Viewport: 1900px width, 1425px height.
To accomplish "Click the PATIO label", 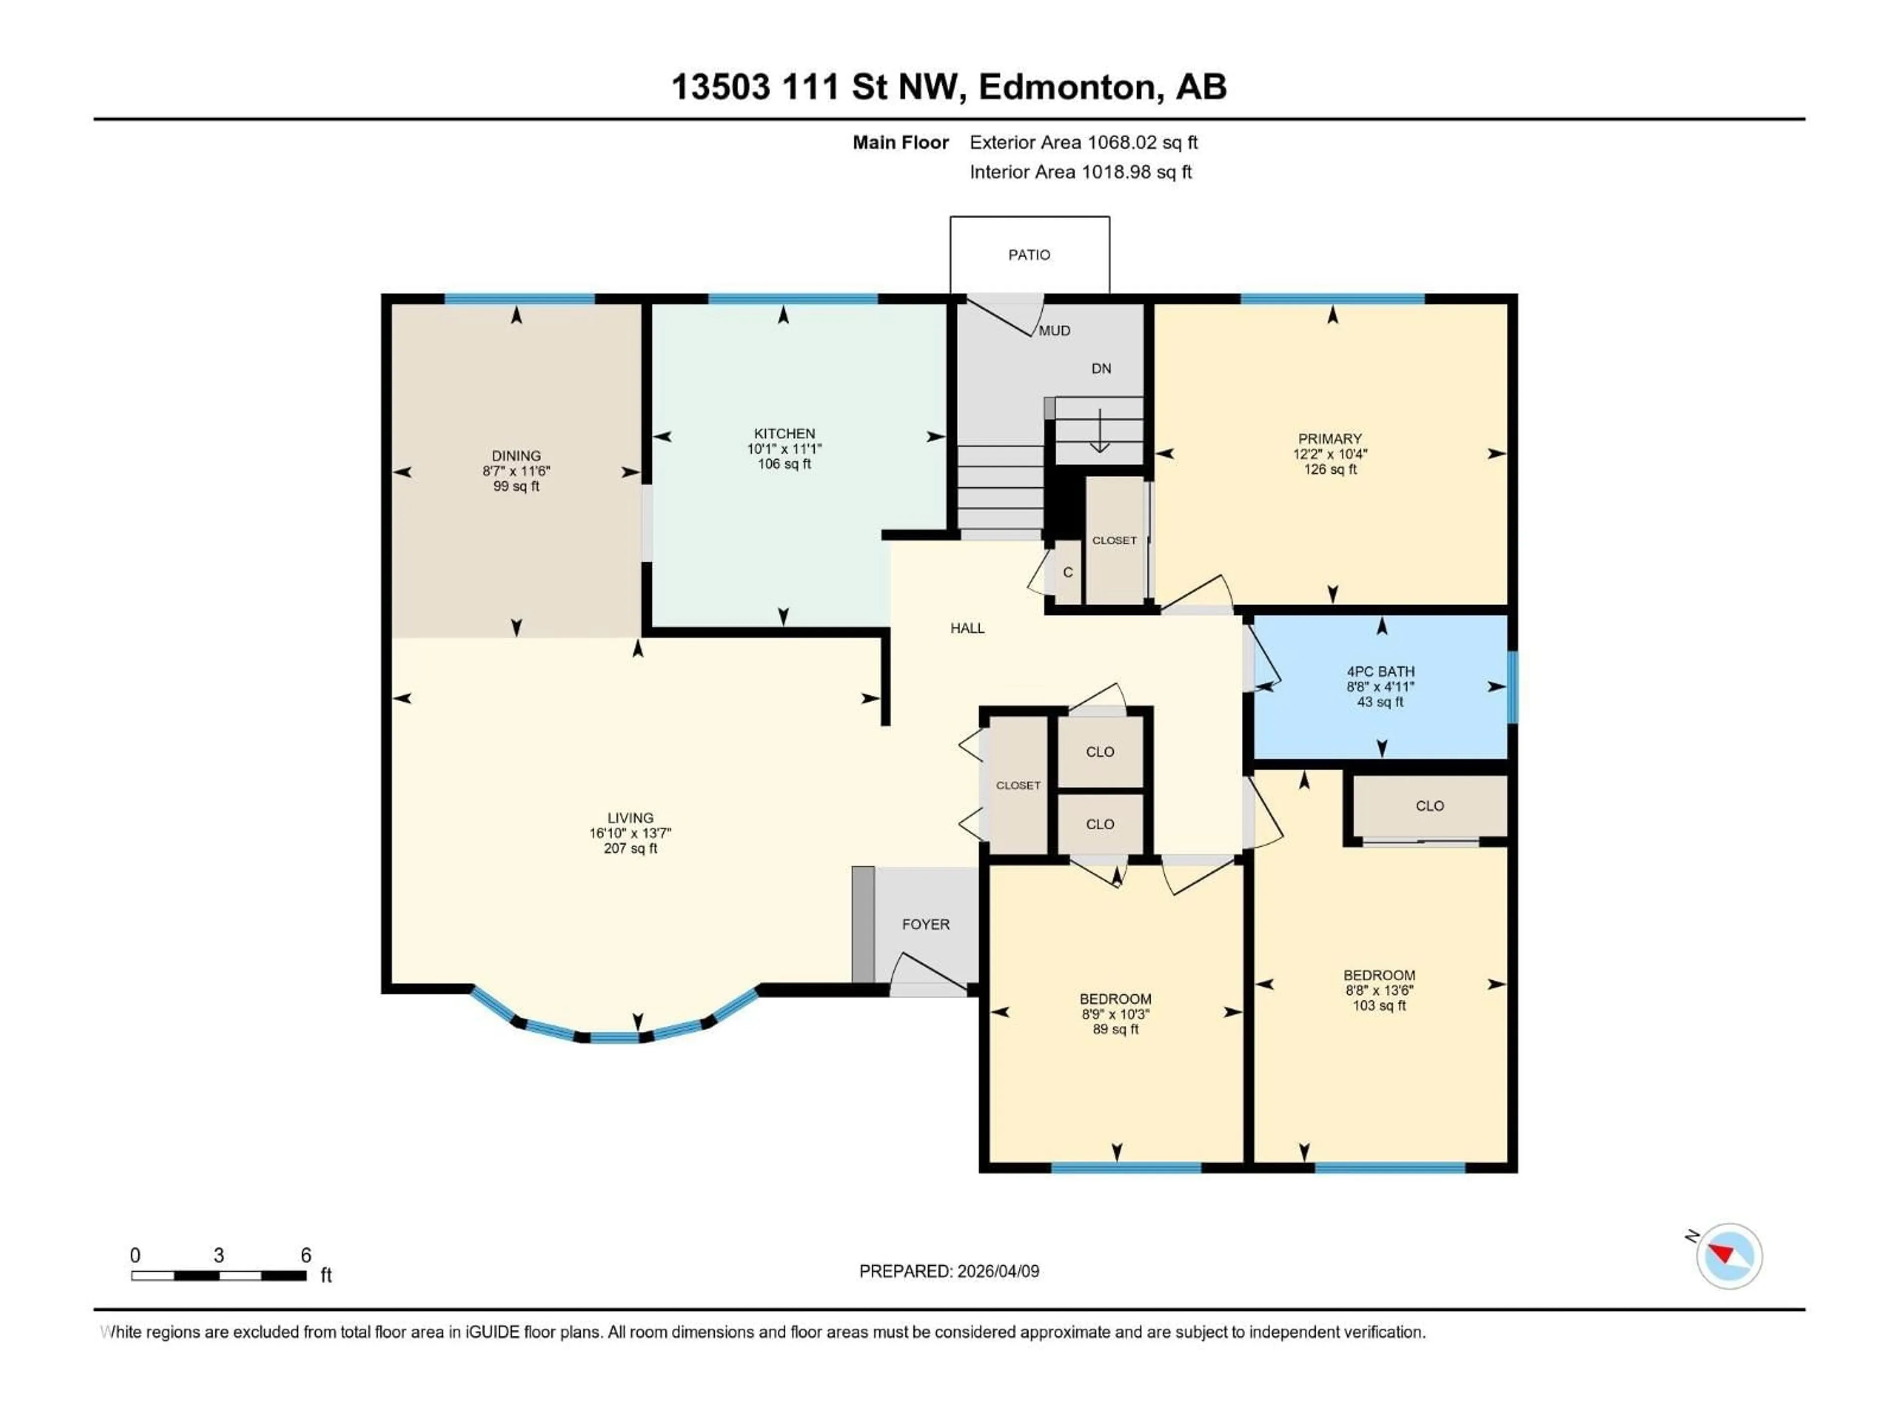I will [1029, 255].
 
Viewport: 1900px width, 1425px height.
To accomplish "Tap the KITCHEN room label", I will [784, 434].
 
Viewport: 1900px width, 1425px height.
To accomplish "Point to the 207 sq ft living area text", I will [630, 849].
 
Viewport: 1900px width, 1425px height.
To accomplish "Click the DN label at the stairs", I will [1101, 369].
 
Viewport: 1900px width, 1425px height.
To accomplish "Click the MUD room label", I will [1055, 331].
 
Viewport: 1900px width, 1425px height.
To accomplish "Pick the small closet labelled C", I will [1068, 572].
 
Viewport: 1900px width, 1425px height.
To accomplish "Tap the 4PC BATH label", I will [1380, 672].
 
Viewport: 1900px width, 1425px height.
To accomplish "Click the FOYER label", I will [926, 924].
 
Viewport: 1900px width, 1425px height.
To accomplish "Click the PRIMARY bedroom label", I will [1330, 439].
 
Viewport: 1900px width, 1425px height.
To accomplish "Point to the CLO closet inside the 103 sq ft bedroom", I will [1429, 806].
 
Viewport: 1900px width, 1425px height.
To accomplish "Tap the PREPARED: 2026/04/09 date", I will [949, 1271].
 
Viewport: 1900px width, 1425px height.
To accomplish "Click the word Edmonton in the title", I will [1067, 87].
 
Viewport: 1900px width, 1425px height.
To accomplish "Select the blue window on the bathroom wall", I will [1513, 687].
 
